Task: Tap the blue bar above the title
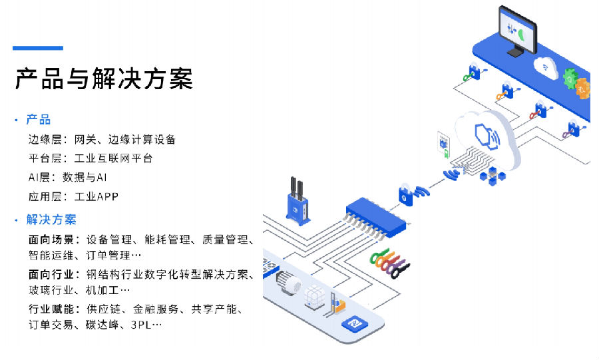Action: pyautogui.click(x=38, y=48)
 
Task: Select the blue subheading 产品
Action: pyautogui.click(x=39, y=120)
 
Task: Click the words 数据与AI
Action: pyautogui.click(x=85, y=178)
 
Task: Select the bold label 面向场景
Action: pyautogui.click(x=53, y=239)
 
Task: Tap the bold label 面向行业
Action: pyautogui.click(x=53, y=274)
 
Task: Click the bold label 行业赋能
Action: pyautogui.click(x=53, y=309)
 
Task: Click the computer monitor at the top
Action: pyautogui.click(x=517, y=31)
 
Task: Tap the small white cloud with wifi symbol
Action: pyautogui.click(x=545, y=67)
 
